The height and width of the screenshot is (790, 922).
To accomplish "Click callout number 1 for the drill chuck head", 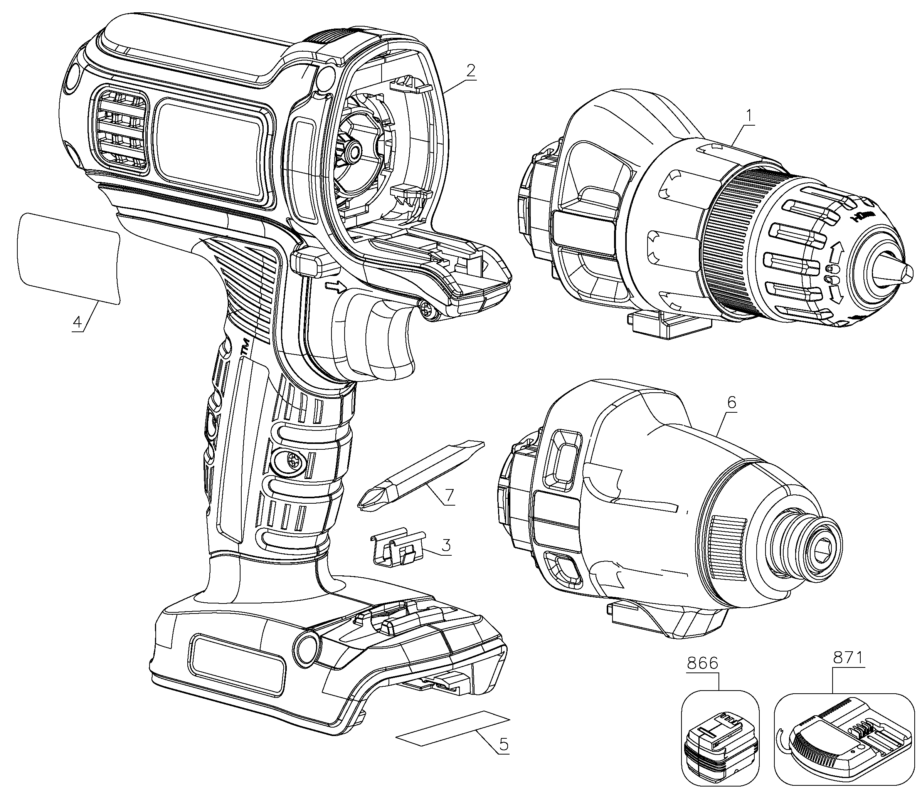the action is (749, 104).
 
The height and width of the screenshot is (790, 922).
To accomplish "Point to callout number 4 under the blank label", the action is (78, 321).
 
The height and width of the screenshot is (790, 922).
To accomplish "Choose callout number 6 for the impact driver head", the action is (732, 403).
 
